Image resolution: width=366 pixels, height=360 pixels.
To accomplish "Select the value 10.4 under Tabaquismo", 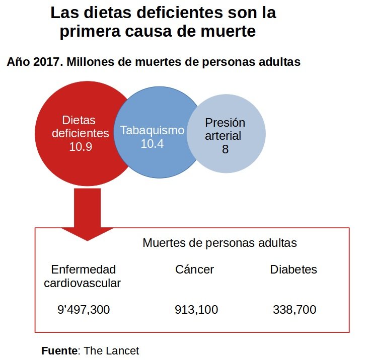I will (152, 144).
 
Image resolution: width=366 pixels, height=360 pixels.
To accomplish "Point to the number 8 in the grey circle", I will (225, 149).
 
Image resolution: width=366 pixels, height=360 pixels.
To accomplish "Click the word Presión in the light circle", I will (225, 123).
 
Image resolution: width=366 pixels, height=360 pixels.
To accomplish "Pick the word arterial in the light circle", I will (223, 136).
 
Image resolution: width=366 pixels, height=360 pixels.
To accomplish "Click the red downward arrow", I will (87, 211).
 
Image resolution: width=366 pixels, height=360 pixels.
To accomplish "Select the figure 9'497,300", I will (84, 310).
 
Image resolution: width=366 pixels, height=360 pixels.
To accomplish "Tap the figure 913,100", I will (196, 310).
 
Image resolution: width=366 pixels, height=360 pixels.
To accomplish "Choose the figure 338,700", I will (295, 310).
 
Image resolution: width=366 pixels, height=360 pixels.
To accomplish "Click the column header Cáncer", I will (194, 269).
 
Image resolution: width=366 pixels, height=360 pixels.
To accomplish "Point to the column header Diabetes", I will (294, 269).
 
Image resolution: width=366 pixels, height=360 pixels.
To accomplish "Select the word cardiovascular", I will (83, 283).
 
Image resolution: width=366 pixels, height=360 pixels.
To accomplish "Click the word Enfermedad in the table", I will (84, 269).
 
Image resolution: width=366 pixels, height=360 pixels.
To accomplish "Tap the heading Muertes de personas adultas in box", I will (219, 243).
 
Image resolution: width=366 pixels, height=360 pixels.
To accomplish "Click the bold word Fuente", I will (59, 350).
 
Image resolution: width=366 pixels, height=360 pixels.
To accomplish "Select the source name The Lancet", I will (111, 350).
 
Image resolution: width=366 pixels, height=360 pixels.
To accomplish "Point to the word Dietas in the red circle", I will (79, 120).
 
